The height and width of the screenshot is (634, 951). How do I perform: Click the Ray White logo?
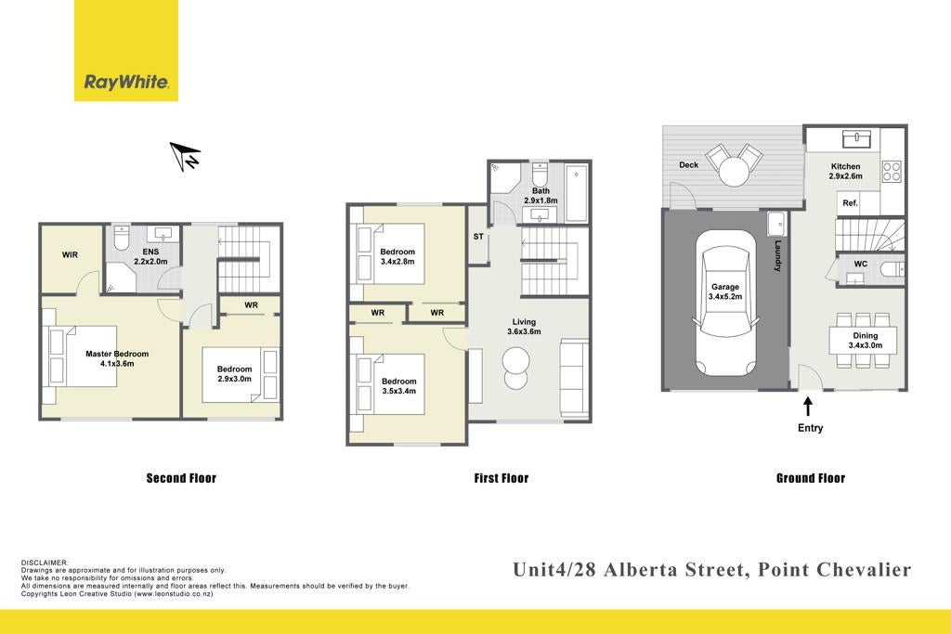point(126,50)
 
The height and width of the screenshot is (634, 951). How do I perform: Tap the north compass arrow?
point(185,156)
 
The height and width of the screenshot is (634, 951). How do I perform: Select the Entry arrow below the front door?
point(808,406)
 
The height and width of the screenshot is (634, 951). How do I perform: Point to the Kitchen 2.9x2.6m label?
point(845,171)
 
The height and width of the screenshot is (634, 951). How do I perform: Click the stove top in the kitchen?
point(891,171)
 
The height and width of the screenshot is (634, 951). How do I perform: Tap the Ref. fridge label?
point(850,203)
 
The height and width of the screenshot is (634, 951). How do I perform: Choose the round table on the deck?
point(734,172)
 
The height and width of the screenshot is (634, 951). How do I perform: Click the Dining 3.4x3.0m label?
point(865,340)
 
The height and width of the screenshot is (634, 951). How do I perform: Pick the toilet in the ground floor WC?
point(892,269)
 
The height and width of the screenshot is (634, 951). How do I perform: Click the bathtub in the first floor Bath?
point(576,193)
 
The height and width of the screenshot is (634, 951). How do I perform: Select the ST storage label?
point(478,237)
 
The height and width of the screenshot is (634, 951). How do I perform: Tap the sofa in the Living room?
point(574,378)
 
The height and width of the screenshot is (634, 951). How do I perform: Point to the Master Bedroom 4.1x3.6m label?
point(117,358)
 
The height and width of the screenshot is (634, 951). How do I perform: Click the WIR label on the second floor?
point(70,254)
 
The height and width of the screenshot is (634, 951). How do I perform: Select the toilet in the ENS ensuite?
point(122,238)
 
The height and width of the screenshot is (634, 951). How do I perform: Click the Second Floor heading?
point(181,478)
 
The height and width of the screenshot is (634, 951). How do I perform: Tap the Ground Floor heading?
point(810,478)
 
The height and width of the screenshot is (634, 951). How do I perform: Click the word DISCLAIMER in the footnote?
point(45,563)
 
